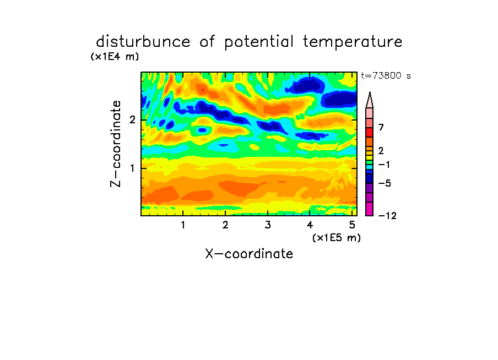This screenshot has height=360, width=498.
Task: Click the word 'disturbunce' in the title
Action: click(x=143, y=42)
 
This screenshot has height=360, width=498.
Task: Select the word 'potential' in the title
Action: click(x=259, y=42)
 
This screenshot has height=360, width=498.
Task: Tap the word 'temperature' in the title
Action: click(x=353, y=42)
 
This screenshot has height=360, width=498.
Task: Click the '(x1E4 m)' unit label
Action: click(x=115, y=57)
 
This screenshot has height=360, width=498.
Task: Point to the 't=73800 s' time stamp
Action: click(x=386, y=75)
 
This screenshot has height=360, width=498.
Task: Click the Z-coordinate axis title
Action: click(x=116, y=144)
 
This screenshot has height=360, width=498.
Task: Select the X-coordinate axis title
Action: click(x=249, y=254)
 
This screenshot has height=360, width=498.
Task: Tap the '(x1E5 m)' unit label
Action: click(x=337, y=238)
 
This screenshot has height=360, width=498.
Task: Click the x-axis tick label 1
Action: click(x=183, y=225)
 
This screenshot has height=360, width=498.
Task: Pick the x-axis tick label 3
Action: click(x=268, y=225)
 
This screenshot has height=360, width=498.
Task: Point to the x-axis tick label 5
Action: click(x=352, y=225)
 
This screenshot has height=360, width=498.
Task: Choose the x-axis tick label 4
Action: click(x=310, y=225)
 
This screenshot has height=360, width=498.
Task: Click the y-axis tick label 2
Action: click(x=132, y=120)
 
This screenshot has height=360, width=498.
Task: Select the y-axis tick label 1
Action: click(x=132, y=168)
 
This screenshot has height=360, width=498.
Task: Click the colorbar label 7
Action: click(x=381, y=128)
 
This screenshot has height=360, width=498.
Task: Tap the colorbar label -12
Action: click(x=387, y=216)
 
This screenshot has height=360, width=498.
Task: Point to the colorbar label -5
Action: click(x=385, y=183)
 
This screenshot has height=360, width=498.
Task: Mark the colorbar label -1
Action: click(x=384, y=165)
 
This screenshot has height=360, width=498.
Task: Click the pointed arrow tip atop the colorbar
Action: click(x=370, y=92)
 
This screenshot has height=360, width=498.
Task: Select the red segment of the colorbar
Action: click(x=370, y=132)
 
